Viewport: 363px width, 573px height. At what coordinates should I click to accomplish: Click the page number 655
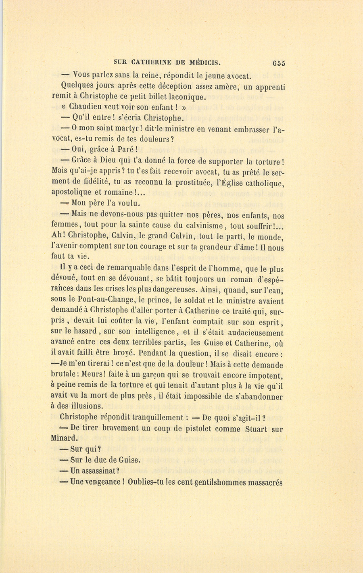(279, 63)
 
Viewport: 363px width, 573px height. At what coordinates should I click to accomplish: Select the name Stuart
(256, 429)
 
